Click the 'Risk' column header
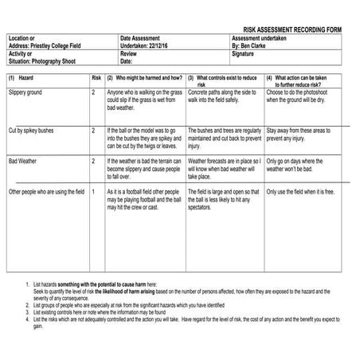[x=96, y=78]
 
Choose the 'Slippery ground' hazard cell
[x=25, y=93]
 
